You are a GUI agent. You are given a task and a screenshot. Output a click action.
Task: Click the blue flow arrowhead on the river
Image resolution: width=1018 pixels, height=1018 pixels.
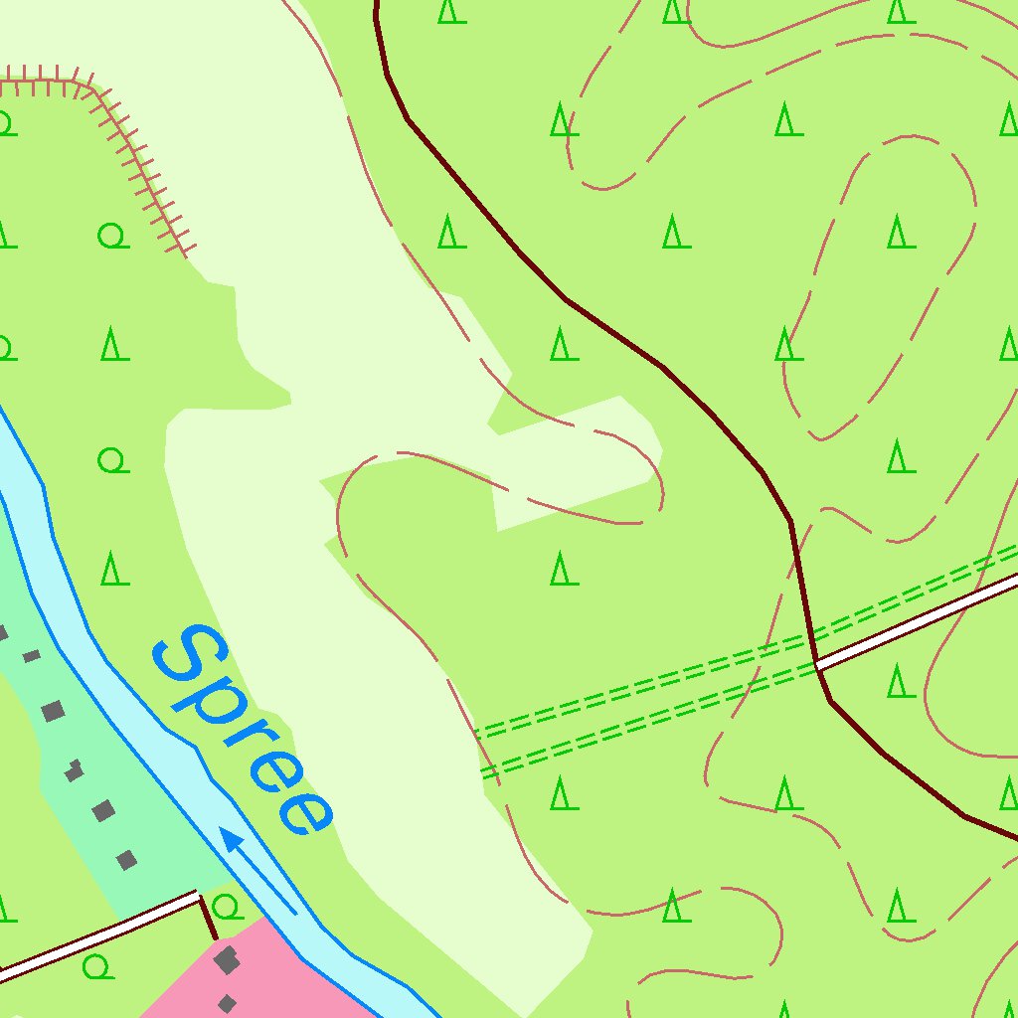pos(232,841)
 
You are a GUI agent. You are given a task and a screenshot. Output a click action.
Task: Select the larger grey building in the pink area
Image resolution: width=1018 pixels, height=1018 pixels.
pos(227,960)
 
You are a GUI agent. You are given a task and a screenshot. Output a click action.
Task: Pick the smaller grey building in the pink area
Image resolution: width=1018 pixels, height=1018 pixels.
pos(227,1003)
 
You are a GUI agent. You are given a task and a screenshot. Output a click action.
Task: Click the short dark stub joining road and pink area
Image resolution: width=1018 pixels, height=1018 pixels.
pos(208,917)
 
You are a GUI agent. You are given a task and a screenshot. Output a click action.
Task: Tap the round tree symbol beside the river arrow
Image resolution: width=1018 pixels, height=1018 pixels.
pos(227,907)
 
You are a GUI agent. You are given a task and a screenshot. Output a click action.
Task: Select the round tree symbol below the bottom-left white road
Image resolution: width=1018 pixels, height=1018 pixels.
pos(97,965)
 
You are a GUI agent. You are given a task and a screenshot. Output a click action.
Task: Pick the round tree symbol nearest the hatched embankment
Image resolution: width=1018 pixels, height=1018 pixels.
pos(113,237)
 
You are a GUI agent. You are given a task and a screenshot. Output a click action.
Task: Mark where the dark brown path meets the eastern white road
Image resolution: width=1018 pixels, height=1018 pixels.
pos(816,663)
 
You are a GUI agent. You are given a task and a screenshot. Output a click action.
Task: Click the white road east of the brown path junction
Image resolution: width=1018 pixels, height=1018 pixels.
pos(915,620)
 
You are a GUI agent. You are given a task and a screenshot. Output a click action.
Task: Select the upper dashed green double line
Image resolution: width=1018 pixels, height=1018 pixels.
pos(646,681)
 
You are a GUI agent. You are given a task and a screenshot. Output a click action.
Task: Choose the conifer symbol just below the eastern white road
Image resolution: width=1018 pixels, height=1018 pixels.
pos(900,681)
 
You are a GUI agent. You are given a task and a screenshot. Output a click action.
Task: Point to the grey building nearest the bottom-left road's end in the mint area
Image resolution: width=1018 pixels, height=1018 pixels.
pos(125,859)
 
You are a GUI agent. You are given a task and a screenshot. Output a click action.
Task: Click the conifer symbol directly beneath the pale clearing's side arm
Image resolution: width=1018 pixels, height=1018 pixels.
pos(564,570)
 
